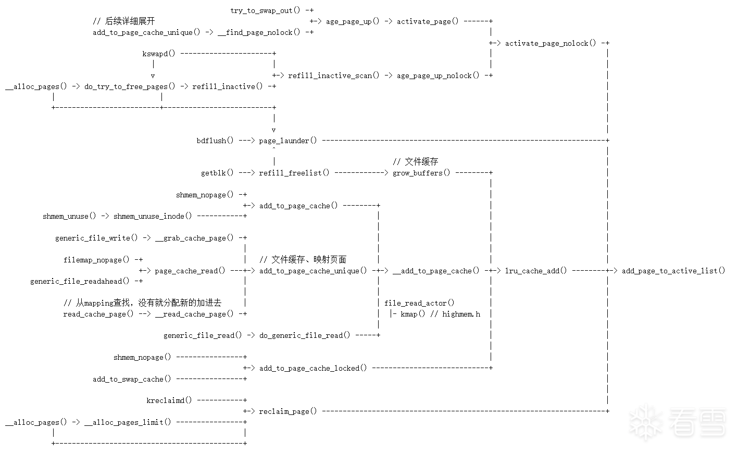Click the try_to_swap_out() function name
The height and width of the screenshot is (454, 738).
coord(265,10)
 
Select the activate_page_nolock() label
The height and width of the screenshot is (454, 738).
coord(551,43)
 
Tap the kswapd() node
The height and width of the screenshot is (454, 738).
coord(159,54)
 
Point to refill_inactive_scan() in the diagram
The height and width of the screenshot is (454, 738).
coord(334,76)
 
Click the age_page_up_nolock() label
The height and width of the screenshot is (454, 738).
coord(438,76)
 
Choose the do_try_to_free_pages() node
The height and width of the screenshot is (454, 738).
coord(130,86)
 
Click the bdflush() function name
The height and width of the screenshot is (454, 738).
coord(215,141)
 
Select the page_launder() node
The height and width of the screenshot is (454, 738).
coord(288,141)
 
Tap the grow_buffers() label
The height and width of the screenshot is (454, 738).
coord(421,173)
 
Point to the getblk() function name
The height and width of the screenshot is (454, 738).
coord(217,173)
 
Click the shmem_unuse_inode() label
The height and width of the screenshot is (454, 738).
coord(153,216)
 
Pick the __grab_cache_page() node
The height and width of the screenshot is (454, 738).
coord(194,238)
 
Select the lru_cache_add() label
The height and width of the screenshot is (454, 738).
coord(536,271)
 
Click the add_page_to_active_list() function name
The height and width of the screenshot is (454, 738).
coord(673,271)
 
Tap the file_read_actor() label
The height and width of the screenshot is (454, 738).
coord(419,303)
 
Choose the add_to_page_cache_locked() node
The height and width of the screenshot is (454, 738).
coord(313,368)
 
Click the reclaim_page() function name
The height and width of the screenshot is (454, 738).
coord(288,411)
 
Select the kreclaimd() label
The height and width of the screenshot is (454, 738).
coord(169,400)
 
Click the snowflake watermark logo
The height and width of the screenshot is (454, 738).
coord(646,422)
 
